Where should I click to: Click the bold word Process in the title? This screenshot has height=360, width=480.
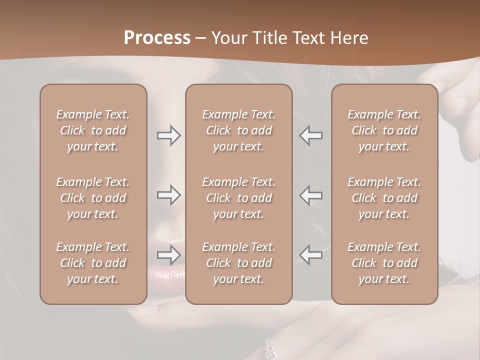[157, 38]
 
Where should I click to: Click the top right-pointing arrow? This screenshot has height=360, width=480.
[169, 135]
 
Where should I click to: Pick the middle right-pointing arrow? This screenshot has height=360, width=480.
[169, 195]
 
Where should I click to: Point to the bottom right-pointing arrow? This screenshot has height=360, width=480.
[169, 255]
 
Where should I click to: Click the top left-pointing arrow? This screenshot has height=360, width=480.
[310, 135]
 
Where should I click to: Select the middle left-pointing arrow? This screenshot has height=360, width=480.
[310, 195]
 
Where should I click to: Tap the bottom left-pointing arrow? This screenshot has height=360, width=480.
[310, 255]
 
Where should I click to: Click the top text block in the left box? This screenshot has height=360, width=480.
[93, 130]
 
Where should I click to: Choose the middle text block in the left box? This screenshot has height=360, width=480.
[93, 198]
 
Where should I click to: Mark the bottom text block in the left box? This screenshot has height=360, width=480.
[93, 263]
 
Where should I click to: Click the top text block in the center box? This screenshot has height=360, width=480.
[239, 130]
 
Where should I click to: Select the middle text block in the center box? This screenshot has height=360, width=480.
[239, 198]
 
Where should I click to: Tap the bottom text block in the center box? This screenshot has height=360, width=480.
[239, 263]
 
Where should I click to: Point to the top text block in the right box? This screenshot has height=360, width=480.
[384, 130]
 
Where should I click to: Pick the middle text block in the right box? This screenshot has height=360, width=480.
[384, 198]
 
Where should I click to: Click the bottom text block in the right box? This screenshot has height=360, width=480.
[384, 263]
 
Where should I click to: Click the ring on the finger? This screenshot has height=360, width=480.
[270, 350]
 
